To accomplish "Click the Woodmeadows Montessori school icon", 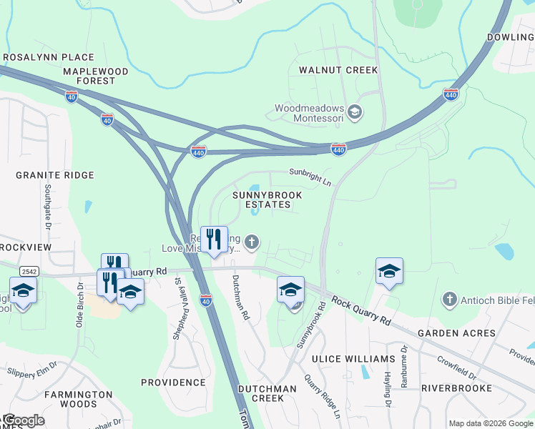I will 355,112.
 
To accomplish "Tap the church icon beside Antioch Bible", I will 449,297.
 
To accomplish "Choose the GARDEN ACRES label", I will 456,333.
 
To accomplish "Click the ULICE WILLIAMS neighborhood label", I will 353,359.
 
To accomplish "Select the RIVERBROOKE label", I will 456,388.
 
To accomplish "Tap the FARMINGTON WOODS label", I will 79,399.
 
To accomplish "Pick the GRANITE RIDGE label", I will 55,175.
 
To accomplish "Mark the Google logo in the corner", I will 23,420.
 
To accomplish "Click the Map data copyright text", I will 491,423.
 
